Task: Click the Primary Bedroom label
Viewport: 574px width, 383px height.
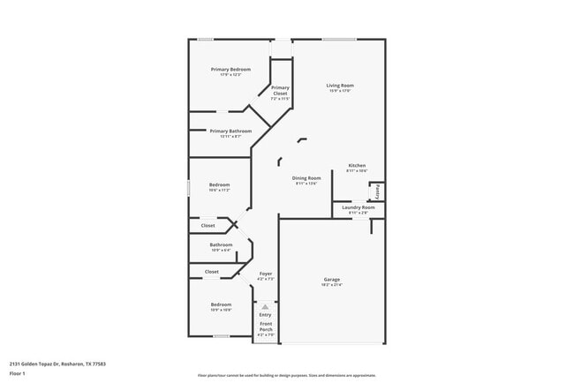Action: tap(230, 70)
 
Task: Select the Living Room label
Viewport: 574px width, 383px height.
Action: tap(341, 86)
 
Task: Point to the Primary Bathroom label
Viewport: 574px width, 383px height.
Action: tap(231, 131)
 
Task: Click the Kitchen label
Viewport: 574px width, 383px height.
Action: tap(357, 166)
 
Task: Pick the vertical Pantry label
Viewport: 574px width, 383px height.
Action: tap(377, 191)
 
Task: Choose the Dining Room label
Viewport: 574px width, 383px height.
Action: tap(307, 178)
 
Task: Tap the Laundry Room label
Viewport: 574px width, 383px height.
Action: tap(358, 207)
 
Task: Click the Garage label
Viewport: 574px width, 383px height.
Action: tap(331, 280)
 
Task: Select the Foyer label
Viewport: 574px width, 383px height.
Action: tap(265, 274)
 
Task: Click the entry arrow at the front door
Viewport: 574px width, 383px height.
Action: tap(265, 306)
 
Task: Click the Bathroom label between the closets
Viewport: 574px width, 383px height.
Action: tap(221, 244)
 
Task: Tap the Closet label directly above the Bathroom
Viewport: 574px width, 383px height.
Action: tap(208, 225)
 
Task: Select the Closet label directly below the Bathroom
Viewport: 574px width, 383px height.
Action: tap(212, 272)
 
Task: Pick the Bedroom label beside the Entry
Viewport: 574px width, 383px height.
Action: tap(221, 304)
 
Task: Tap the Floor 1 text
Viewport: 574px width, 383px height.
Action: tap(18, 373)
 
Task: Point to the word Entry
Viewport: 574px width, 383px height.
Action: tap(265, 315)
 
